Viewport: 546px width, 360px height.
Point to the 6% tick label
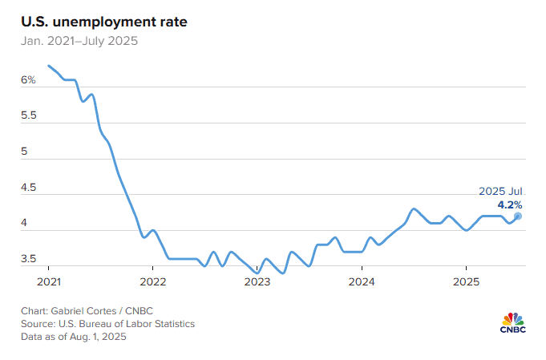tap(27, 80)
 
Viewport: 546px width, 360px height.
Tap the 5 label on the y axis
tap(24, 152)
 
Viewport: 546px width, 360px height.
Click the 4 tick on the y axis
tap(24, 223)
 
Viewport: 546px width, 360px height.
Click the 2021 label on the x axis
tap(48, 281)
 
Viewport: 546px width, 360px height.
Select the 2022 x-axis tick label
tap(152, 281)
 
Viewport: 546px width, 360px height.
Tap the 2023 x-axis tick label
tap(257, 281)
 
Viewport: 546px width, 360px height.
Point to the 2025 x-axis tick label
tap(467, 281)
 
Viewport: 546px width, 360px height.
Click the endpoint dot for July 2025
tap(518, 216)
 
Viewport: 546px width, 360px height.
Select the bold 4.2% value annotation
tap(509, 204)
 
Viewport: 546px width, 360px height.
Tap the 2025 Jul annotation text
tap(500, 191)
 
